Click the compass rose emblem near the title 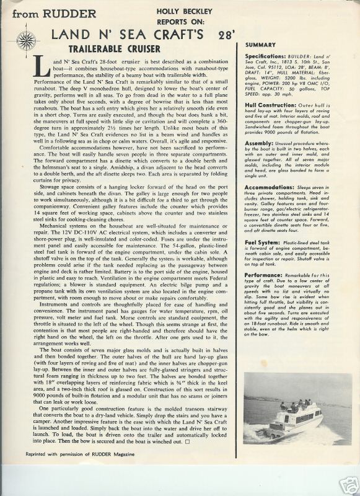click(27, 41)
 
